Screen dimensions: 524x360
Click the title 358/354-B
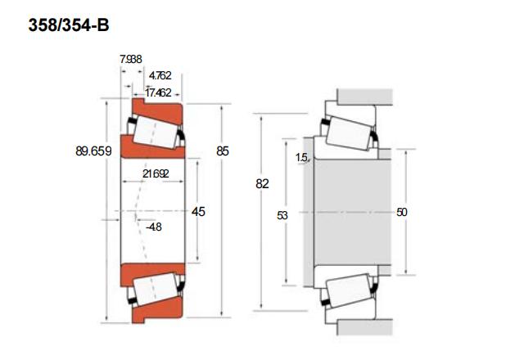69,25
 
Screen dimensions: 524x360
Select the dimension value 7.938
131,59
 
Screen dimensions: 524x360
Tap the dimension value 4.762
160,75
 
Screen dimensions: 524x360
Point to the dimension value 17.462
158,92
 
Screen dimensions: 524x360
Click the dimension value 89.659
93,151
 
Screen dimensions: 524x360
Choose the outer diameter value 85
223,151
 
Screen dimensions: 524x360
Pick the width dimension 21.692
156,173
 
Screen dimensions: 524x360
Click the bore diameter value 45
198,211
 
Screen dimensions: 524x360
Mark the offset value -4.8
154,227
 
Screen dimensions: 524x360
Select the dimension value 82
262,183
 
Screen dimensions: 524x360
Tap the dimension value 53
282,216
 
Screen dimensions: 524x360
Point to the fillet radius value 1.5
301,157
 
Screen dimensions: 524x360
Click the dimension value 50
402,212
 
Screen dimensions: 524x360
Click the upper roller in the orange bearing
156,133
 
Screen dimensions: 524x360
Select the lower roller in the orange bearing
156,289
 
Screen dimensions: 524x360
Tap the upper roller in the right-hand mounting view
350,133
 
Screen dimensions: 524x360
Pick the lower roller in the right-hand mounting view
349,290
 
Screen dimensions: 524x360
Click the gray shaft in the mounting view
353,213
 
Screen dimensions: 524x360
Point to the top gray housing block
364,97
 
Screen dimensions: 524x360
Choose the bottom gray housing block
364,327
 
